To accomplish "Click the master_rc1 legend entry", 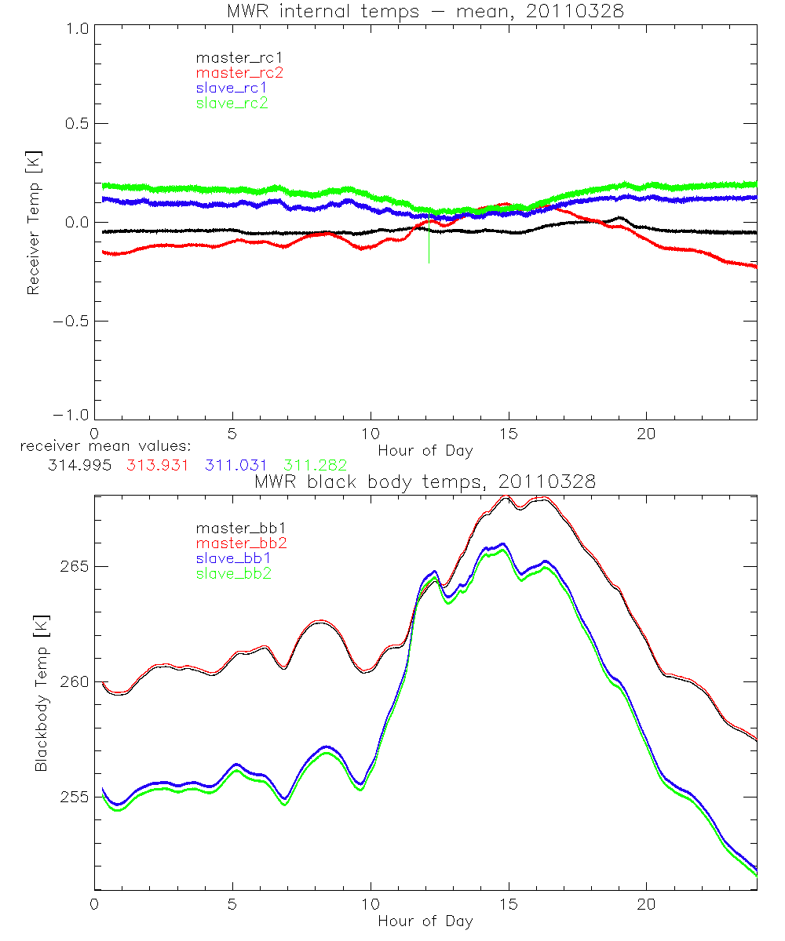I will [x=232, y=58].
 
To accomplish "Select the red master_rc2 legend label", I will [x=239, y=73].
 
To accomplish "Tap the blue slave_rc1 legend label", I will [x=232, y=88].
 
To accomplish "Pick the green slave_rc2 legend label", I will [x=232, y=103].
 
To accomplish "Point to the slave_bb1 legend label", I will [x=232, y=559].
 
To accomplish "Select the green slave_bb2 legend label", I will [x=232, y=574].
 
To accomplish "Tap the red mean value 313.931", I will [x=158, y=465].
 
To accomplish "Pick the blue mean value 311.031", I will [x=236, y=465].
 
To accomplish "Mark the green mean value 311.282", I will [x=316, y=465].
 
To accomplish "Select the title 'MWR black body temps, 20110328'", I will [x=425, y=482].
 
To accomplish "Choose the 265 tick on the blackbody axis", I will [x=75, y=566].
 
